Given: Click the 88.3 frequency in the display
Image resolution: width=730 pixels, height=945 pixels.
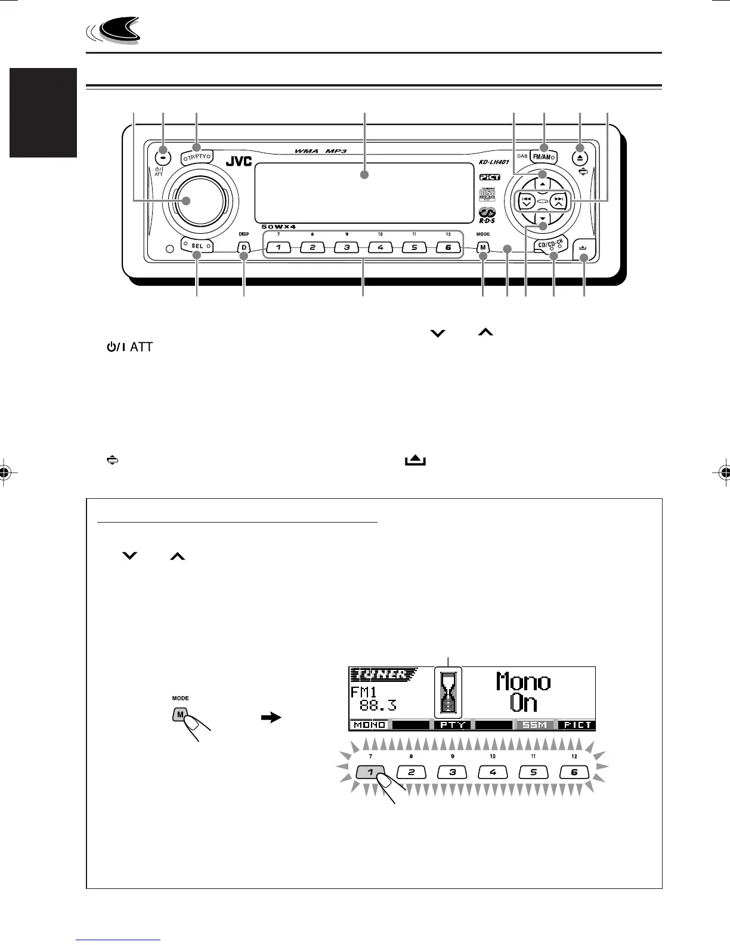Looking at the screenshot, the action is point(377,706).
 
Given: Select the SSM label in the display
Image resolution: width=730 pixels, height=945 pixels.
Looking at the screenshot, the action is point(534,725).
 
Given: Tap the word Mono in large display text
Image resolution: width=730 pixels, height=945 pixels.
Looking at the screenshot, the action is point(524,681).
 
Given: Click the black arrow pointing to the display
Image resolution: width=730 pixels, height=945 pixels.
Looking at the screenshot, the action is point(271,719).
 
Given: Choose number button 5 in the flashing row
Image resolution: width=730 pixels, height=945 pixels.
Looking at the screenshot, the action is point(534,771).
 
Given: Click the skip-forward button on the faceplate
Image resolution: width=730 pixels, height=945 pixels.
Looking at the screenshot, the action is point(557,200).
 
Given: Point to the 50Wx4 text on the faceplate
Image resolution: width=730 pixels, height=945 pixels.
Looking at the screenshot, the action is point(279,227).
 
